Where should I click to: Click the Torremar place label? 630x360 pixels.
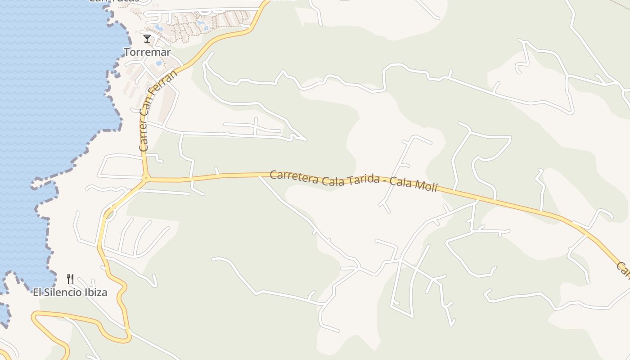[x=147, y=52]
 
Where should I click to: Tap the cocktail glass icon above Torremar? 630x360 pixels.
[x=147, y=39]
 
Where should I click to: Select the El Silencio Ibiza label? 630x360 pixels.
[x=70, y=292]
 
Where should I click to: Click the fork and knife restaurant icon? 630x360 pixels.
[x=70, y=279]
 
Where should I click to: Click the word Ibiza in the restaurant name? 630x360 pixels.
[x=97, y=292]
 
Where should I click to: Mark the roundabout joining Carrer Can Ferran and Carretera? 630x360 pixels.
[x=145, y=179]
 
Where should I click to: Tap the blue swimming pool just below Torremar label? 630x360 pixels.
[x=159, y=63]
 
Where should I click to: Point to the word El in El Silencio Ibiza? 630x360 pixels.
[x=37, y=292]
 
